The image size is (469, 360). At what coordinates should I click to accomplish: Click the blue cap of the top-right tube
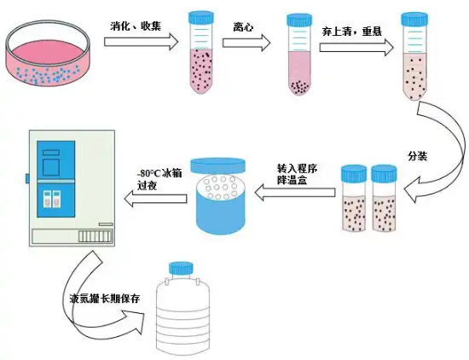point(414,18)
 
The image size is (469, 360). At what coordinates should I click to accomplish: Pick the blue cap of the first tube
point(202,17)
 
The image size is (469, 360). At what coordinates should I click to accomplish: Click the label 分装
point(418,155)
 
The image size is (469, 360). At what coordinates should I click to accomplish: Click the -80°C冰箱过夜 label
point(160,177)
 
